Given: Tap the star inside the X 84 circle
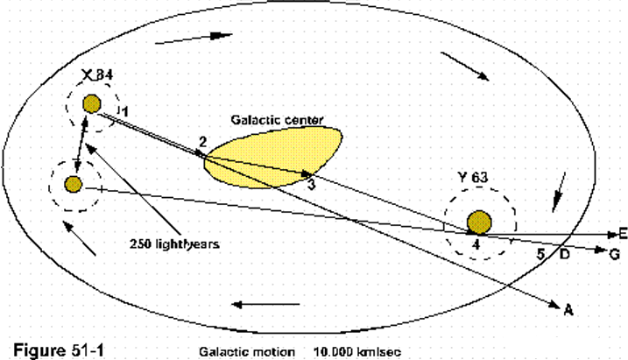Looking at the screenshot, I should point(91,106).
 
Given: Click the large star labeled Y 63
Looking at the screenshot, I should point(479,221).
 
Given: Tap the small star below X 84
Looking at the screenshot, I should point(73,185).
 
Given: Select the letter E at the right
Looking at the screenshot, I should point(622,234).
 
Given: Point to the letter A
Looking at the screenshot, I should point(568,307).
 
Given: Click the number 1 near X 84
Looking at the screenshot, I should point(125,111).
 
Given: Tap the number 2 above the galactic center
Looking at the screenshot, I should point(202,142).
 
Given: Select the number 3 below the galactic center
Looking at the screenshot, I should point(310,185).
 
